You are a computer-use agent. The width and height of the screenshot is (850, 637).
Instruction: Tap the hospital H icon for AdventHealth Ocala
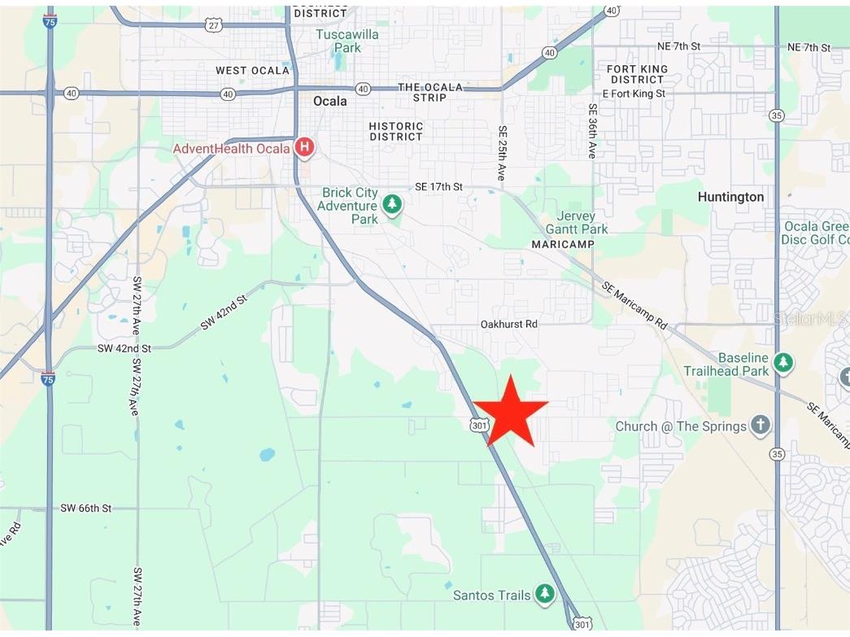[x=305, y=147]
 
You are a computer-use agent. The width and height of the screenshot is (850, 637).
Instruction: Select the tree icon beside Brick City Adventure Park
[x=393, y=203]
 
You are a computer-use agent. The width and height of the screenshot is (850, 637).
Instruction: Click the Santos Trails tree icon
[x=544, y=595]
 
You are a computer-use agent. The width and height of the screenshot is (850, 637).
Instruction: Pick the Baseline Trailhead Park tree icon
[x=783, y=362]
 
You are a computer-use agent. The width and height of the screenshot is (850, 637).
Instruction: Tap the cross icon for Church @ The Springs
[x=760, y=425]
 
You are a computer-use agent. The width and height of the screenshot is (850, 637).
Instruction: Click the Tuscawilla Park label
[x=338, y=41]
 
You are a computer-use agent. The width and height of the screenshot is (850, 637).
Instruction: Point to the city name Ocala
[x=330, y=101]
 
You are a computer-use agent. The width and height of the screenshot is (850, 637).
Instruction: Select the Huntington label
[x=730, y=197]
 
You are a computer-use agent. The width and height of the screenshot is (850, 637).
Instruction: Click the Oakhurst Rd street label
[x=509, y=324]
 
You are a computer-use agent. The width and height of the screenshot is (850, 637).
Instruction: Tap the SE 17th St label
[x=438, y=186]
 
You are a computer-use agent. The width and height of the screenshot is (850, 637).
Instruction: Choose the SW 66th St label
[x=85, y=508]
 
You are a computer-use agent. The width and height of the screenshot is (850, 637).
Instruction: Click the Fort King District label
[x=637, y=74]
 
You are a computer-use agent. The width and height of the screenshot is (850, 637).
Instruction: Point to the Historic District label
[x=396, y=131]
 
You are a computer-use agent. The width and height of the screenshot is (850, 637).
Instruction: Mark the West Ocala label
[x=252, y=71]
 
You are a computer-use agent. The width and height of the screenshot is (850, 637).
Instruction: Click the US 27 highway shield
[x=214, y=25]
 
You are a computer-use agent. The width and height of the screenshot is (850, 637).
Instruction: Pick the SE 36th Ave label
[x=592, y=130]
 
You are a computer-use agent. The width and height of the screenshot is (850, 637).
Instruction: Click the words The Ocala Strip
[x=429, y=92]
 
